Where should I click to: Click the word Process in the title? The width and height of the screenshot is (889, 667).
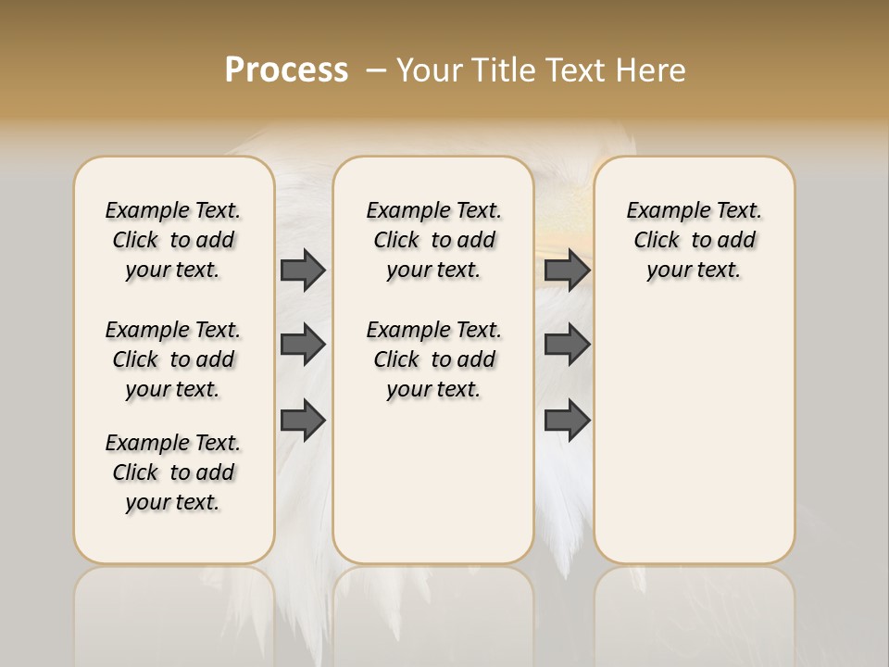pyautogui.click(x=286, y=69)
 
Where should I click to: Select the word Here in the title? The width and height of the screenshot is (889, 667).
pyautogui.click(x=651, y=70)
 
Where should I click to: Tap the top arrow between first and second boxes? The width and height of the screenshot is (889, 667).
pyautogui.click(x=303, y=270)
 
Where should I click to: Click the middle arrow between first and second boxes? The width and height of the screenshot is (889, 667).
pyautogui.click(x=303, y=345)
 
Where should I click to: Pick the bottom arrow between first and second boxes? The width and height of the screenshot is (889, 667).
pyautogui.click(x=303, y=421)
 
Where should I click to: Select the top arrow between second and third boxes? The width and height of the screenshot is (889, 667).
pyautogui.click(x=567, y=270)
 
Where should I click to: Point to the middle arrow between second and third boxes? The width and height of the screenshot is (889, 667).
pyautogui.click(x=567, y=345)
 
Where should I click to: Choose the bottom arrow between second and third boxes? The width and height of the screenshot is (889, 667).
pyautogui.click(x=567, y=421)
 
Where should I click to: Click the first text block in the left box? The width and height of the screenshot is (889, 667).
pyautogui.click(x=173, y=240)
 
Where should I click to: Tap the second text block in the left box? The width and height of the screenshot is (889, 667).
pyautogui.click(x=173, y=359)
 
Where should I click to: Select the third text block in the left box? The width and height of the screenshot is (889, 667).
pyautogui.click(x=173, y=472)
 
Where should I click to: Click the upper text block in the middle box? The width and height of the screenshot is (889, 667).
pyautogui.click(x=433, y=240)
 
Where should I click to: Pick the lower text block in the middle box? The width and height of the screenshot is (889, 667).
pyautogui.click(x=433, y=359)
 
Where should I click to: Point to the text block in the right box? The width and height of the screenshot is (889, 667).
pyautogui.click(x=694, y=240)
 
